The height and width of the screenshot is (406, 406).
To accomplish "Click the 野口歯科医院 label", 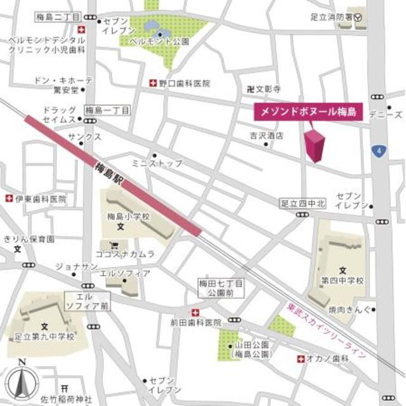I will coord(184,83).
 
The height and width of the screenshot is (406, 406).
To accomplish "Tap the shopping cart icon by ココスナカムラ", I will coord(114,244).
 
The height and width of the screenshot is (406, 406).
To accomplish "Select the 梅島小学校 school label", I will coord(128,216).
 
